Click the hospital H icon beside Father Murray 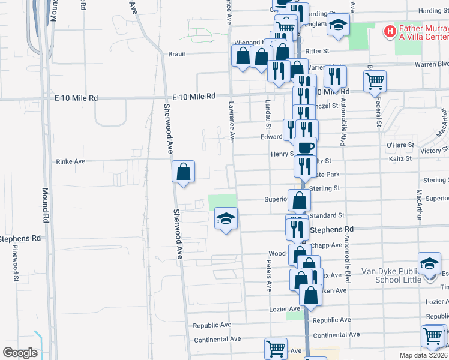tap(390, 30)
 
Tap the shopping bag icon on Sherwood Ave tap(183, 172)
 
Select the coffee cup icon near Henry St tap(305, 148)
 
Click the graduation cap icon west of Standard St tap(226, 218)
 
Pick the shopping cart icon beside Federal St tap(375, 80)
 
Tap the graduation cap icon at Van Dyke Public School tap(430, 263)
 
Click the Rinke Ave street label tap(71, 161)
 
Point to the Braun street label tap(176, 53)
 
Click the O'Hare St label tap(397, 145)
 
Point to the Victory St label tap(430, 151)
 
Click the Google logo tap(20, 353)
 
